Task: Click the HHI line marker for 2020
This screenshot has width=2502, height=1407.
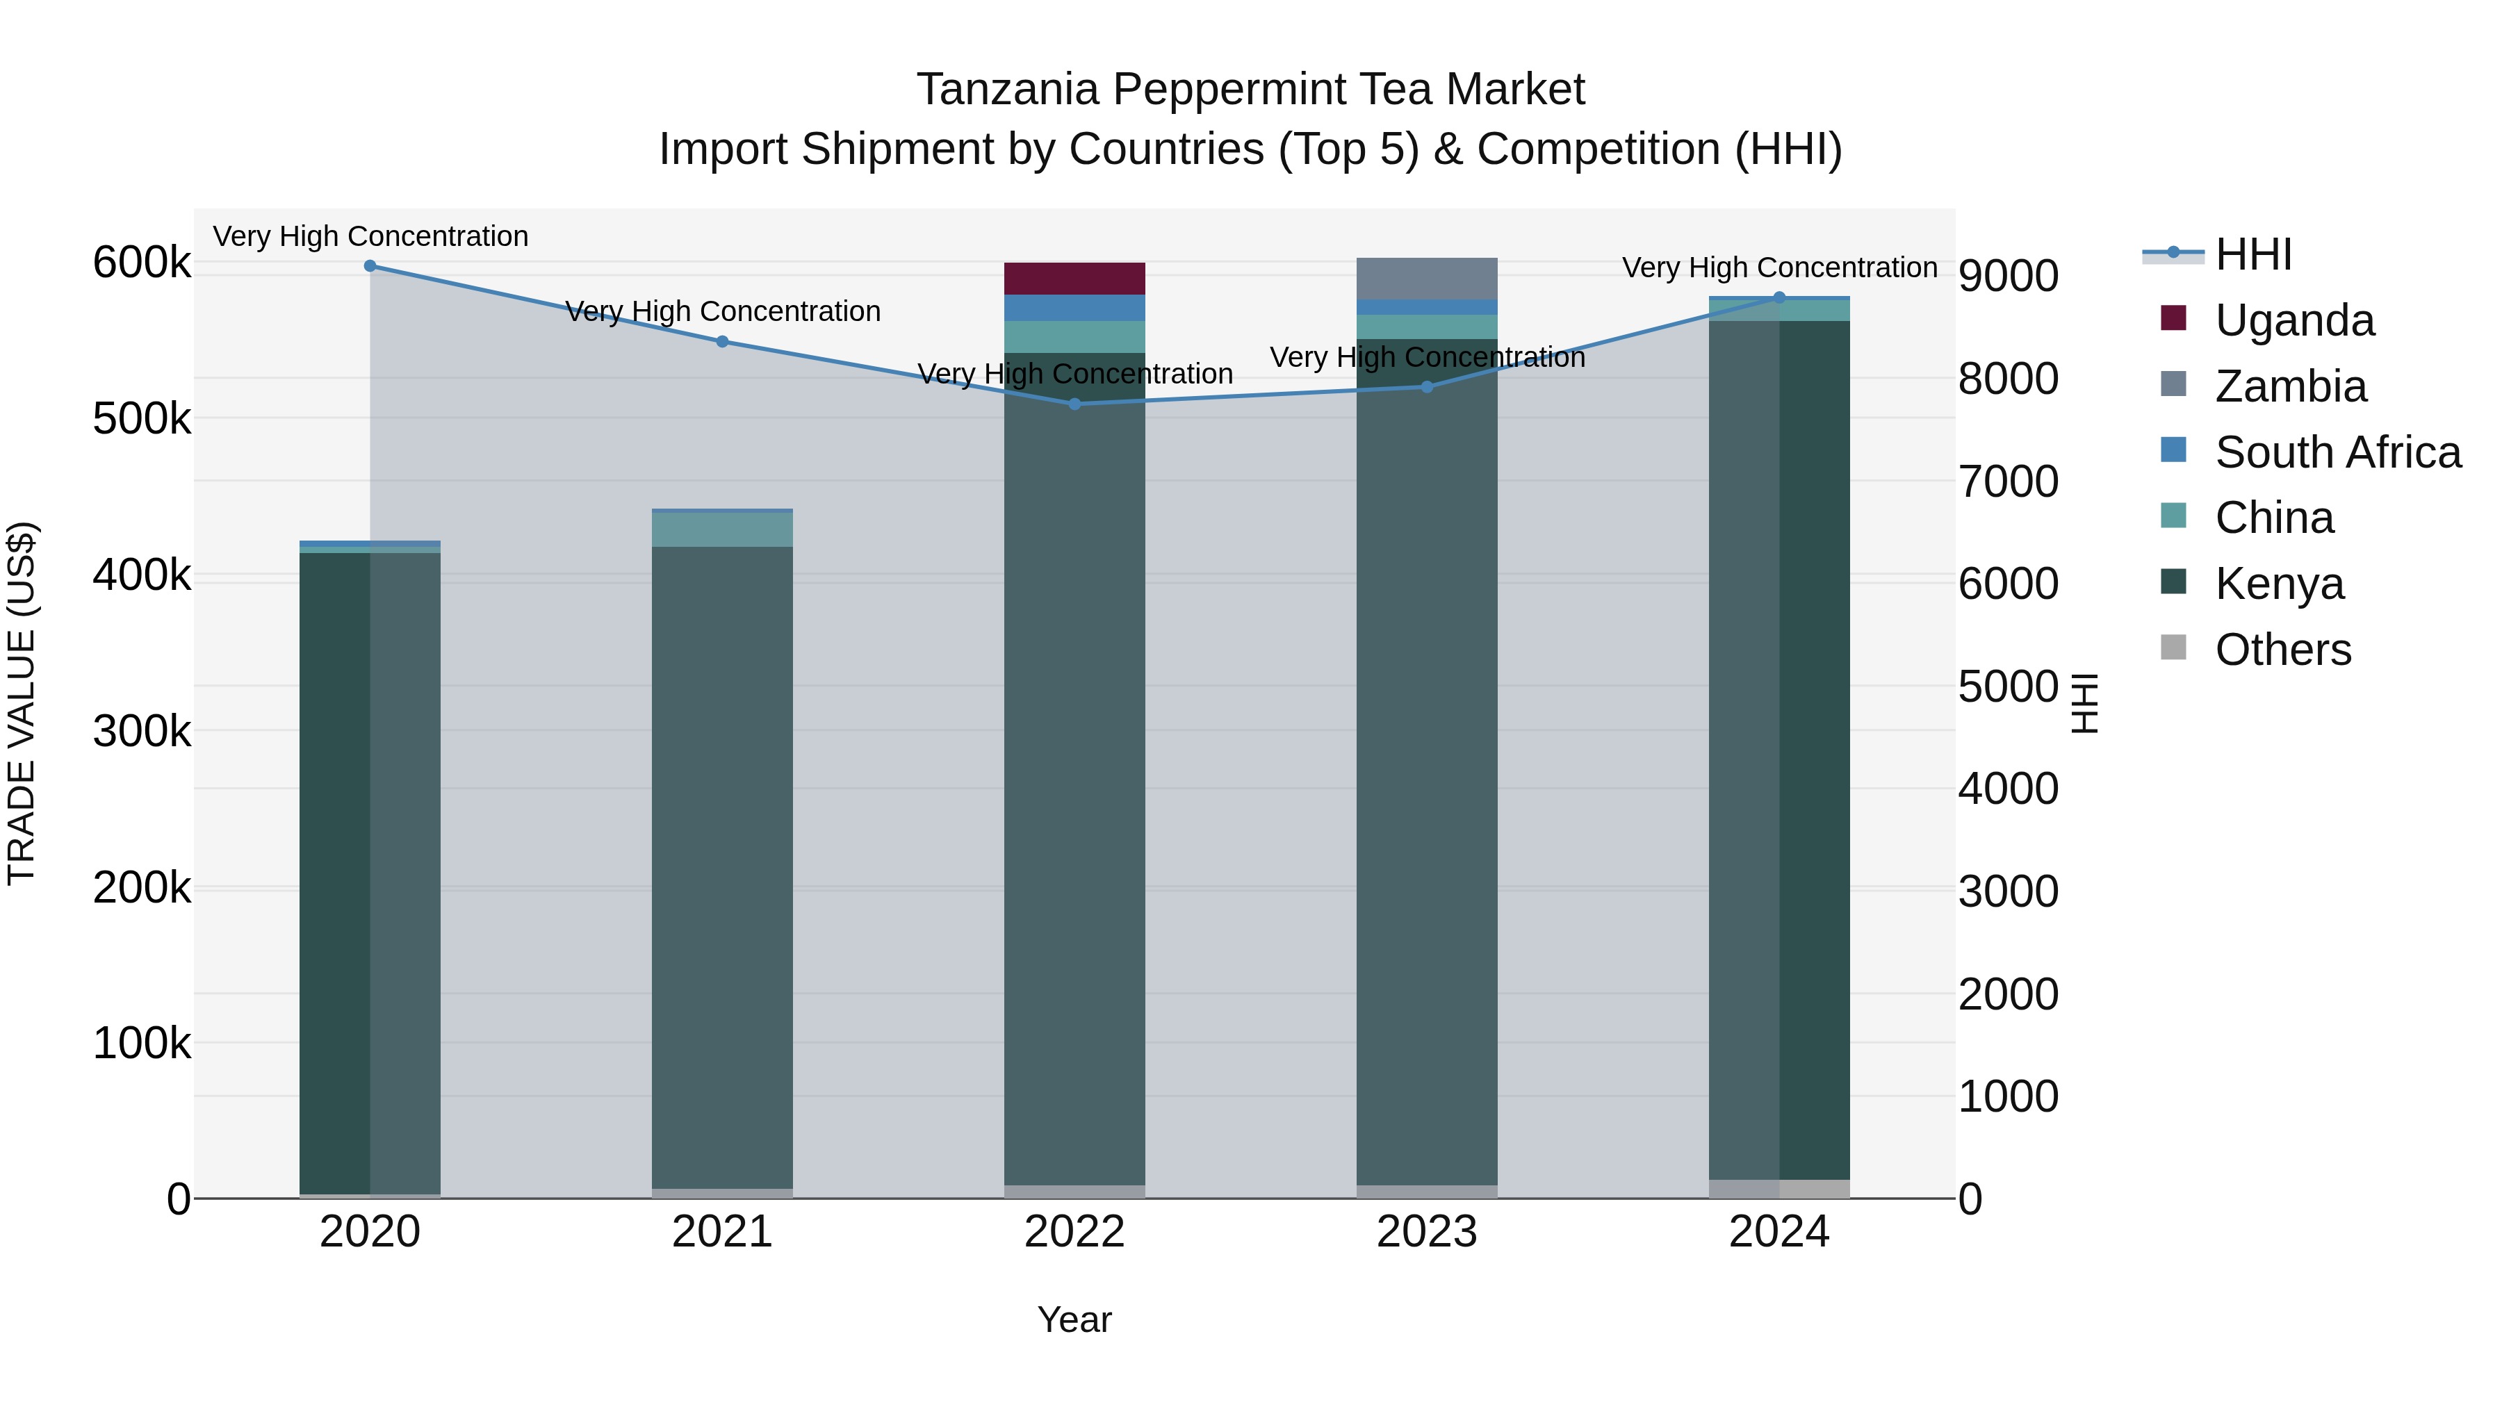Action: [x=370, y=266]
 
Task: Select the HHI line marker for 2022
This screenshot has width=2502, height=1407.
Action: [x=1074, y=404]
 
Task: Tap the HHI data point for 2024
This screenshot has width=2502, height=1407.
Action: [x=1779, y=298]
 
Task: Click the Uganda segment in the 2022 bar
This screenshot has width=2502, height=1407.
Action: [x=1074, y=279]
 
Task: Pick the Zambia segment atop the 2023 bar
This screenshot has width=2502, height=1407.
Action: [x=1427, y=279]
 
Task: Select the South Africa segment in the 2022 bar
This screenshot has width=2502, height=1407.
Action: [x=1074, y=308]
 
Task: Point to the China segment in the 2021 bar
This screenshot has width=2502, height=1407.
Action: [x=721, y=529]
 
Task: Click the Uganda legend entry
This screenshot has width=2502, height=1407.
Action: [x=2294, y=320]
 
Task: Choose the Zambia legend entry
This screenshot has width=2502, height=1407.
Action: [x=2290, y=386]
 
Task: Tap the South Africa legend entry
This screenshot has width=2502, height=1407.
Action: [x=2337, y=452]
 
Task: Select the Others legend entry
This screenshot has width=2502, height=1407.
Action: [x=2282, y=650]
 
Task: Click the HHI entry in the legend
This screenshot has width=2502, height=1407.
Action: [x=2253, y=254]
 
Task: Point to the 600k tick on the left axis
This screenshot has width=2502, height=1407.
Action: [x=142, y=263]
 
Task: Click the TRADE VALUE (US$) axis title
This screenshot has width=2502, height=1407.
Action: [x=22, y=703]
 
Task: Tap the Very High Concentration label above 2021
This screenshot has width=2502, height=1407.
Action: [x=723, y=312]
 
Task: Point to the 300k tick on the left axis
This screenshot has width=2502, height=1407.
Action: [x=142, y=731]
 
